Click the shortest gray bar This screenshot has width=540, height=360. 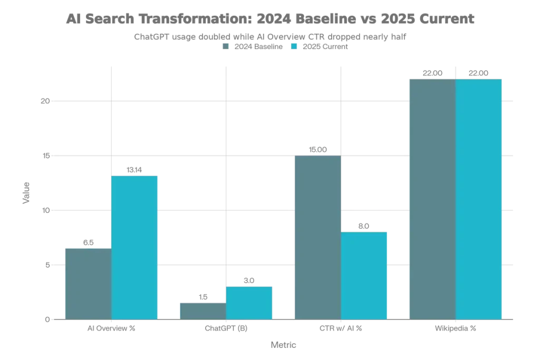click(202, 309)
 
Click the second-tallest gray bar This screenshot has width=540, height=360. click(317, 237)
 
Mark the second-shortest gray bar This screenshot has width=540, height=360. click(88, 282)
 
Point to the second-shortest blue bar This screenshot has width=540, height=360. click(364, 274)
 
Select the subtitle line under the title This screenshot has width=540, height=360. click(269, 36)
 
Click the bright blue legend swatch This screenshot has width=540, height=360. click(295, 46)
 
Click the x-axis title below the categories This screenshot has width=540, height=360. click(285, 345)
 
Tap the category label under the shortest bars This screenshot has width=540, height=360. click(226, 328)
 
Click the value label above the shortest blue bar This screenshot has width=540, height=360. click(249, 279)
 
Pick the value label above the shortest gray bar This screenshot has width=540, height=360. click(202, 295)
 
